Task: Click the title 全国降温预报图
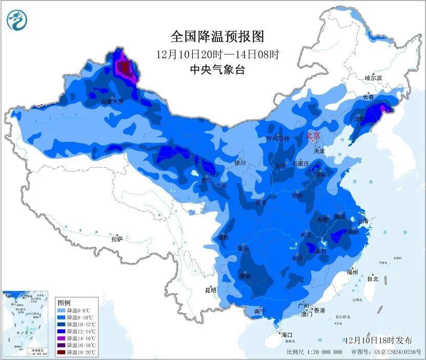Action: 217,37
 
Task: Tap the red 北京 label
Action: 313,136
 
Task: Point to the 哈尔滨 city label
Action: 373,78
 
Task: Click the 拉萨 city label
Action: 117,238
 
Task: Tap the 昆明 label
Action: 210,290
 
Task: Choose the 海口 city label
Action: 287,334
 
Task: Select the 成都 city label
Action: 223,237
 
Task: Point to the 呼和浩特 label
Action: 278,139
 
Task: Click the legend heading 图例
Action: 64,303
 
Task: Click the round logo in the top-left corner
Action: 16,19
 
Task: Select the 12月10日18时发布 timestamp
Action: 378,340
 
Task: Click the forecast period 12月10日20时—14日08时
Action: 217,54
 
